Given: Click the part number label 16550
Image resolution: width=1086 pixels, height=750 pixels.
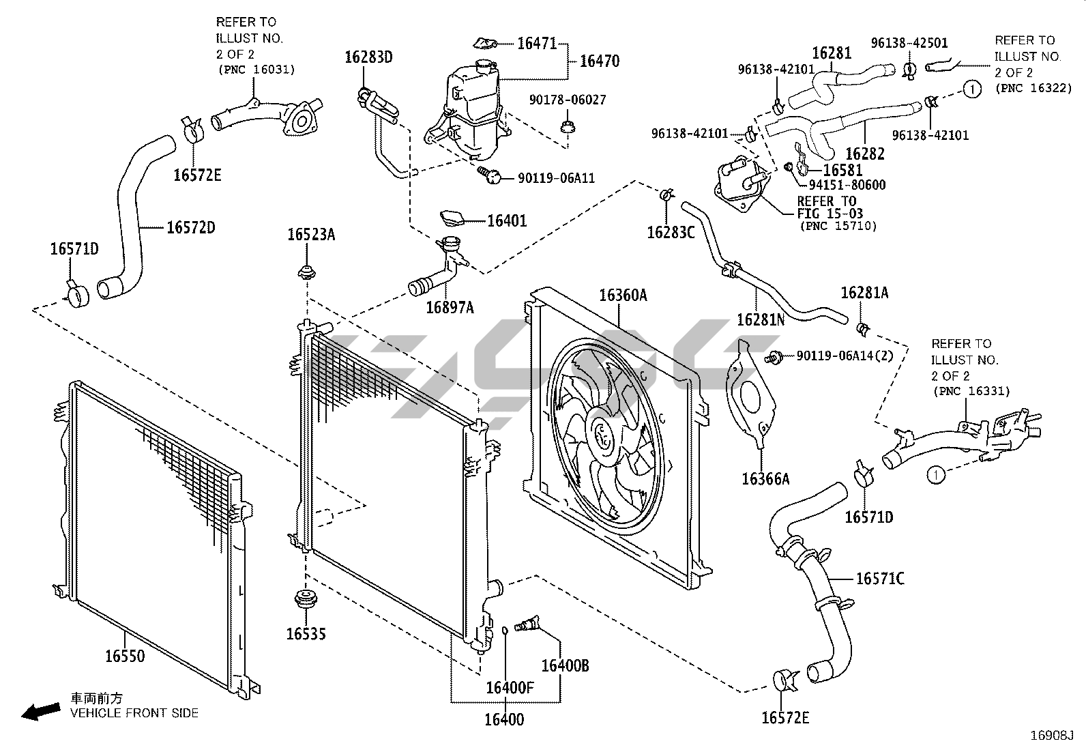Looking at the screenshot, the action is [x=125, y=656].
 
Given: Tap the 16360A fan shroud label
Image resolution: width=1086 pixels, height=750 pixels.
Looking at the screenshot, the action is [x=623, y=295].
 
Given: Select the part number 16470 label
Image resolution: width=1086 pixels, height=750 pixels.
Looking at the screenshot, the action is [x=600, y=61].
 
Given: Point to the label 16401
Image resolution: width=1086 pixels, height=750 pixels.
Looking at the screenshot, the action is [x=507, y=220].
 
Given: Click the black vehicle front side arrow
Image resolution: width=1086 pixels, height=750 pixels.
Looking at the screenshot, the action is [x=41, y=712].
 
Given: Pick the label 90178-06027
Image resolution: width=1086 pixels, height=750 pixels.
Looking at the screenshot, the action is [x=568, y=100].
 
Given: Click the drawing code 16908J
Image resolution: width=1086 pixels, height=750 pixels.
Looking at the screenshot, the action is [x=1052, y=736].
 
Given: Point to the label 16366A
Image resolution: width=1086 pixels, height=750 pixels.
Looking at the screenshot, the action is [x=765, y=479].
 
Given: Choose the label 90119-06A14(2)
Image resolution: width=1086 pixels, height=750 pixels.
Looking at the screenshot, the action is [x=845, y=356].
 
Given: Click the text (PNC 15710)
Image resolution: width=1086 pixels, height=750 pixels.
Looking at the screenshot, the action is [x=838, y=226].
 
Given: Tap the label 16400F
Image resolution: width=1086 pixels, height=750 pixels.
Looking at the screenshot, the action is [x=510, y=687].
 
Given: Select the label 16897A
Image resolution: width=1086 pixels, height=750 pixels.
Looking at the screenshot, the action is [x=450, y=308].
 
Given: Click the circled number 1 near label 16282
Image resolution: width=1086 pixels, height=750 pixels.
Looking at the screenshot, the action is [x=971, y=89].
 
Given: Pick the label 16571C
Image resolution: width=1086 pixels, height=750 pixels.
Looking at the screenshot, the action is [x=880, y=578].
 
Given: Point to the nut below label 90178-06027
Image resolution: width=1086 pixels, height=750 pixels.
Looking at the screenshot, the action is [x=568, y=128].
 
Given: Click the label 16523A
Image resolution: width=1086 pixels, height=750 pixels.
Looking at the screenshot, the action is [x=311, y=235].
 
